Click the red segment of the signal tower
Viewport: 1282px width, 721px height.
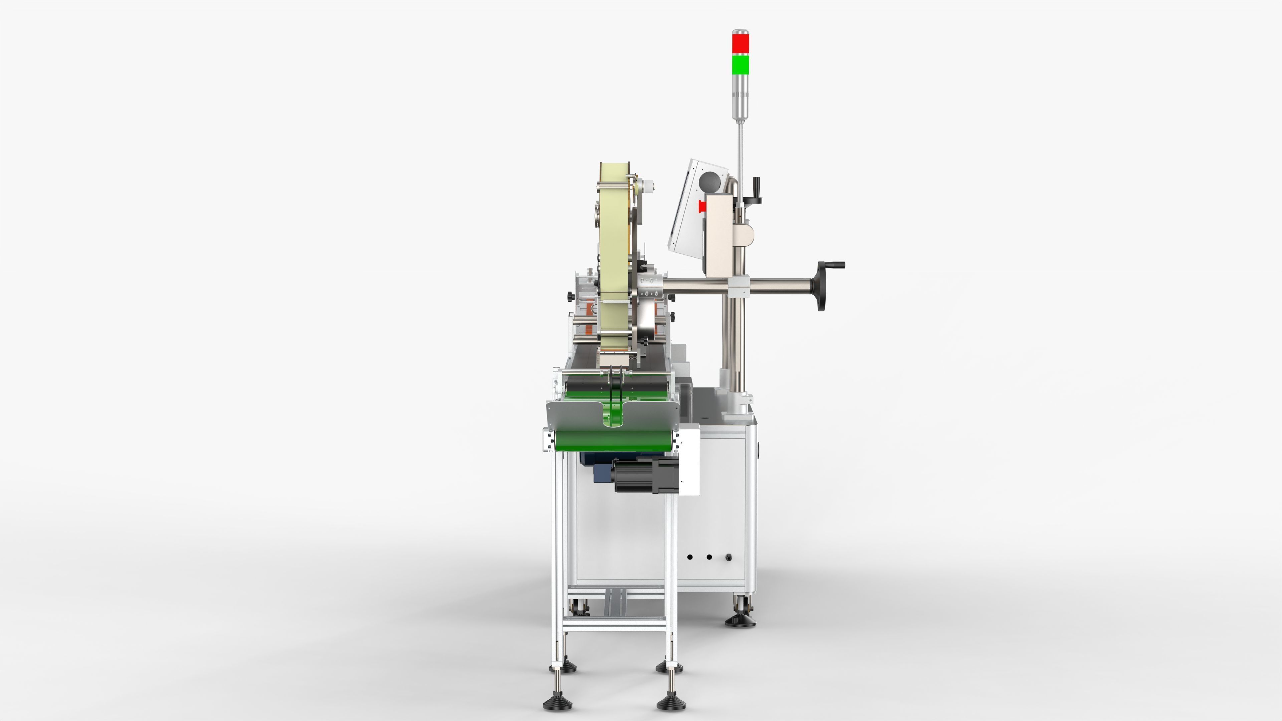click(740, 43)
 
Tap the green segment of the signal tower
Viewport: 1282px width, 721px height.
click(740, 64)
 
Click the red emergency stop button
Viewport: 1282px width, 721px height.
click(702, 206)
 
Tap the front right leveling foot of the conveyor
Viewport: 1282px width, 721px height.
click(671, 703)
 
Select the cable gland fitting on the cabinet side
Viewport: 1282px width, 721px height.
click(728, 557)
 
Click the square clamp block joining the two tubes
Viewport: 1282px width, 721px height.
click(738, 286)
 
